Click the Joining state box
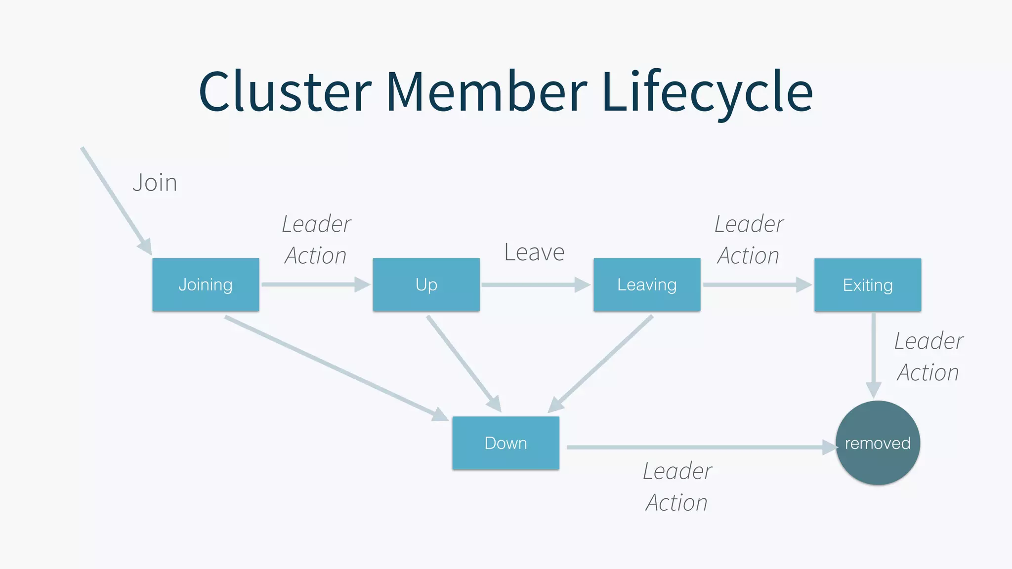206,284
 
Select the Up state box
426,284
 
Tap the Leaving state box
646,284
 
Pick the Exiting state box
867,285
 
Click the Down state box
506,443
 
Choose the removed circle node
878,443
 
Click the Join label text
155,183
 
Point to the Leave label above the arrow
534,252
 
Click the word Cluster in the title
285,92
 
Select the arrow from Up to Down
463,363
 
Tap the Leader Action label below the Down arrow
677,487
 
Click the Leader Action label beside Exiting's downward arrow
928,357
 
